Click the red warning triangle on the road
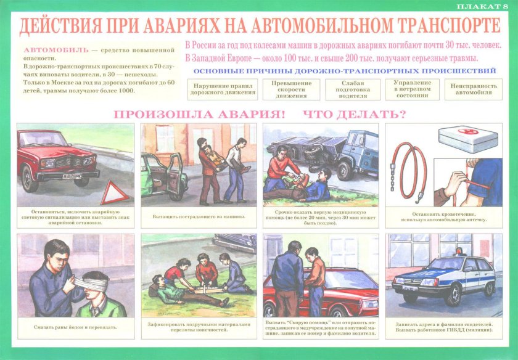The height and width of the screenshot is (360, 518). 115,193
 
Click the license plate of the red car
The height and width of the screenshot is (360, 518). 72,176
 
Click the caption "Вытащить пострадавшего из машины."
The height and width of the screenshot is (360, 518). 199,216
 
